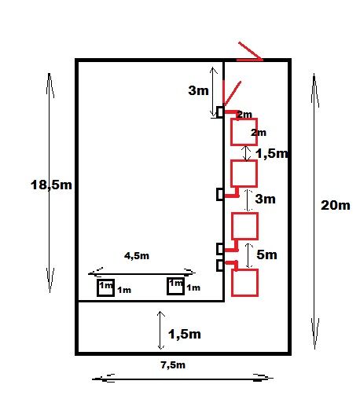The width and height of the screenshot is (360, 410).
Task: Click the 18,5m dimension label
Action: point(51,185)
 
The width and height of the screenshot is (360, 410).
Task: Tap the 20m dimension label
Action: point(336,205)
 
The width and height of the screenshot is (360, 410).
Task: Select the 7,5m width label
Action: point(173,364)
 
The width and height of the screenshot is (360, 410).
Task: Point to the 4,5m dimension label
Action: point(137,256)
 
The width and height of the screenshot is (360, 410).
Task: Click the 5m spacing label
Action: point(266,254)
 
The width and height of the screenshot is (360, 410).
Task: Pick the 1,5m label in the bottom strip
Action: point(185,334)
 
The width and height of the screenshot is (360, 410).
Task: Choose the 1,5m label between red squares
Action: point(272,153)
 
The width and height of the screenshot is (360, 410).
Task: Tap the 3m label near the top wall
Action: point(199,90)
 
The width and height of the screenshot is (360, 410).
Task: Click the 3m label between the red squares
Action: point(265,199)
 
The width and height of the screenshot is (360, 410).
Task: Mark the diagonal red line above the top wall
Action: point(250,50)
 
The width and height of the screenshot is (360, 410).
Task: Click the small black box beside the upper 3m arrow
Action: point(220,112)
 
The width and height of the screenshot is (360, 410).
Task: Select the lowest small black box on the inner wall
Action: point(220,265)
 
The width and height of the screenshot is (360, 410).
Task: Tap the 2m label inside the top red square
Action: point(259,133)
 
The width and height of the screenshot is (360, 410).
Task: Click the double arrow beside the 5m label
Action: point(249,256)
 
